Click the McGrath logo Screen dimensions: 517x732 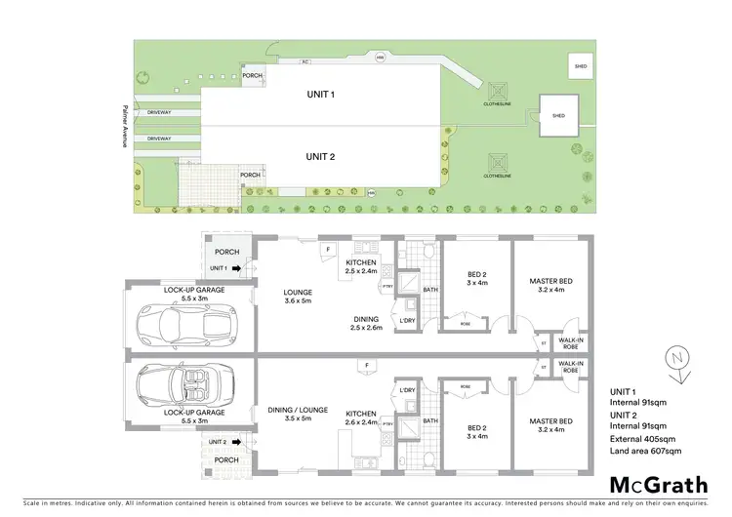[653, 485]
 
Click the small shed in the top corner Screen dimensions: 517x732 [581, 65]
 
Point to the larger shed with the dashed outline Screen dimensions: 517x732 [558, 115]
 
